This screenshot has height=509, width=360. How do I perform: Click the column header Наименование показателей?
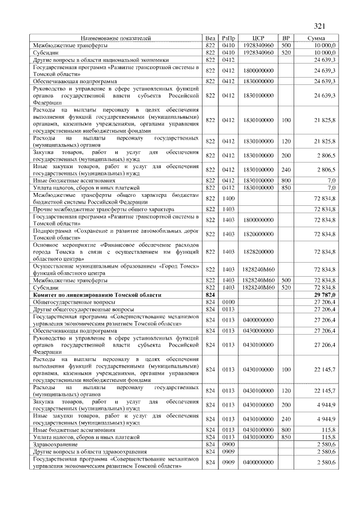click(x=115, y=38)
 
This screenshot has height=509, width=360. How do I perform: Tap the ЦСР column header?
click(x=258, y=38)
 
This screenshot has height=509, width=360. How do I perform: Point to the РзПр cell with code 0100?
click(x=228, y=302)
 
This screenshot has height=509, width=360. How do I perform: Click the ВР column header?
click(x=286, y=38)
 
